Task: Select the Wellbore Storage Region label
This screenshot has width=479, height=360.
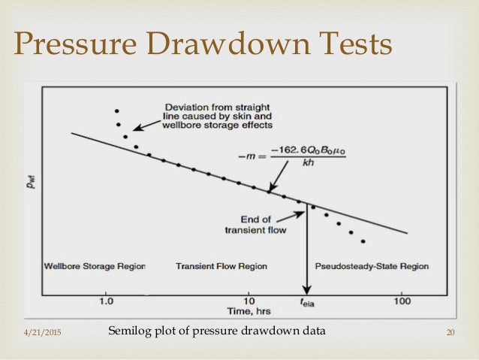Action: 95,266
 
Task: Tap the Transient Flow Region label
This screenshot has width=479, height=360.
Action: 221,266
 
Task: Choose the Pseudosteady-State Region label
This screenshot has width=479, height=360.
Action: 372,266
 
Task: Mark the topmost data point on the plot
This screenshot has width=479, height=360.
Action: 116,110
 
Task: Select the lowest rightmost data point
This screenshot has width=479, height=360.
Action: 363,241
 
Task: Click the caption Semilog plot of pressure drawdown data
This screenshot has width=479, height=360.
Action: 217,331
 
